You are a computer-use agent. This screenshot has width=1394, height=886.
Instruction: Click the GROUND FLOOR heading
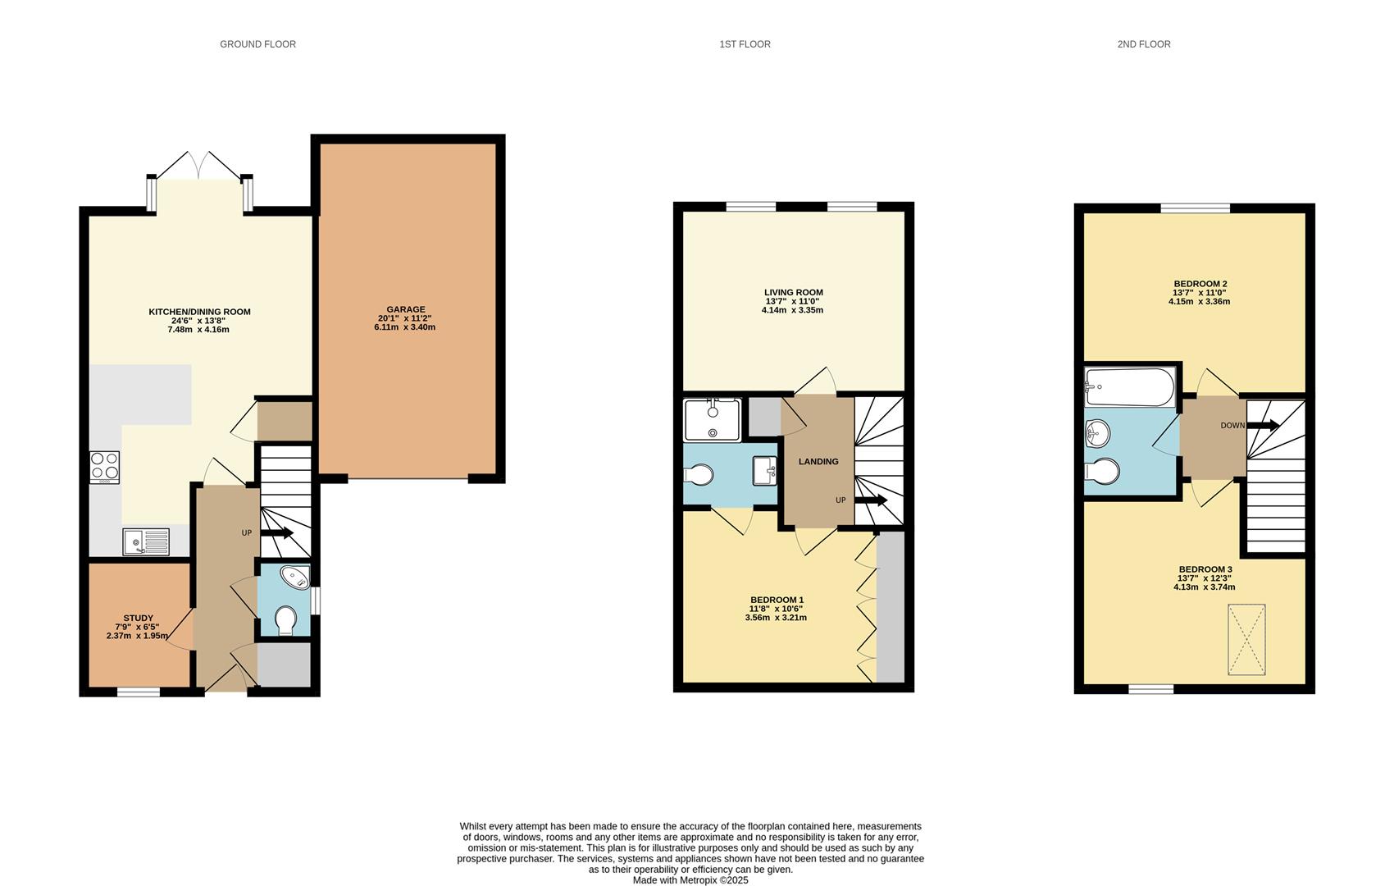257,44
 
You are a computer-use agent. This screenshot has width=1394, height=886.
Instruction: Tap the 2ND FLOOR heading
1143,44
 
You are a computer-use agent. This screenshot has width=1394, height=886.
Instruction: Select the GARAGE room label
405,309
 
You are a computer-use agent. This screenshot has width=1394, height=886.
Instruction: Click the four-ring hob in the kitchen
104,467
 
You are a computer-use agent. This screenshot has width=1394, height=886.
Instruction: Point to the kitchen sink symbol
145,541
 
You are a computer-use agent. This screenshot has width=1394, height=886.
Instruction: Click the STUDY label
138,618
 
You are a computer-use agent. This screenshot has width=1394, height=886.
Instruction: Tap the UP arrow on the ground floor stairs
277,533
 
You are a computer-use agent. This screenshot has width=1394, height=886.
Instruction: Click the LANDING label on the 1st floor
818,461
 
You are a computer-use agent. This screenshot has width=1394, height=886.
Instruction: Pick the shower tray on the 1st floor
713,420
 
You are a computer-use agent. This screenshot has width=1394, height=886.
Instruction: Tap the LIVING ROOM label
793,292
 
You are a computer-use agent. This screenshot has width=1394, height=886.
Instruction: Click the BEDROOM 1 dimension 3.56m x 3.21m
775,617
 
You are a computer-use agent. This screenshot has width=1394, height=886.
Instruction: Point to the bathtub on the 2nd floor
1129,386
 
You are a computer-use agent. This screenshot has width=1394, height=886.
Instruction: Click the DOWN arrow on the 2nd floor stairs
1262,425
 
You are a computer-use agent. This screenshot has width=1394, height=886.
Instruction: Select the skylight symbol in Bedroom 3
1246,640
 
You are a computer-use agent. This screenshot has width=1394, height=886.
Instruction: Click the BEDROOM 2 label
1200,284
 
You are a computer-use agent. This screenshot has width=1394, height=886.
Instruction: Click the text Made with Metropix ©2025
690,880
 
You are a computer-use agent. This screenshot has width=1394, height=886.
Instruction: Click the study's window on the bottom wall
138,692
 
